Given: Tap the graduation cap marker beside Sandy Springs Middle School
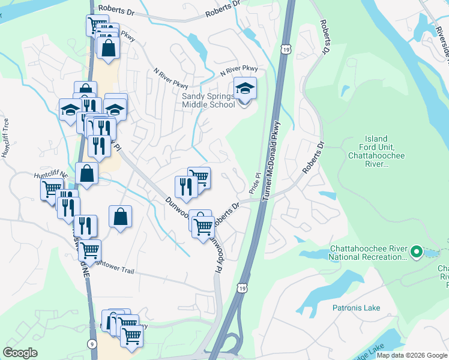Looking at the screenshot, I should [x=245, y=90].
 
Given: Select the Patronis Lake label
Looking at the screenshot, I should [x=356, y=308].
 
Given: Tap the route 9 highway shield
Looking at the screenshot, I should [x=91, y=344].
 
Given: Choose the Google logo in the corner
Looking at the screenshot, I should [x=20, y=353].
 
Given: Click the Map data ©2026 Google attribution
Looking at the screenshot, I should [x=412, y=355].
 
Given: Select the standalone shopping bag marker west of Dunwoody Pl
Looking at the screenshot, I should [x=121, y=217].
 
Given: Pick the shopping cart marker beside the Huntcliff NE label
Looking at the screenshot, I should [x=51, y=190].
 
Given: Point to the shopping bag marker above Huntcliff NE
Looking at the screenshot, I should [x=87, y=173].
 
